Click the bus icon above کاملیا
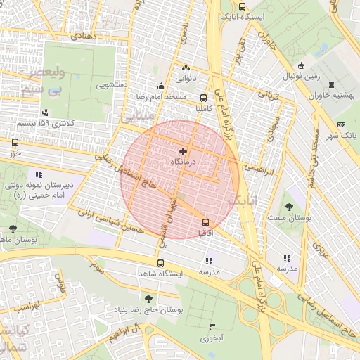point(204,98)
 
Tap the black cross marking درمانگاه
point(184,151)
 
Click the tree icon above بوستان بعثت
point(289,207)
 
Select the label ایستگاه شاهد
point(181,274)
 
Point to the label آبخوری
point(211,338)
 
